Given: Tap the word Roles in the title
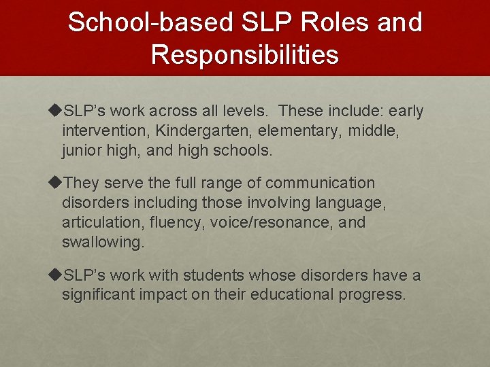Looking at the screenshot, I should click(316, 23).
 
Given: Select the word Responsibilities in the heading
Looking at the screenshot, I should click(245, 55).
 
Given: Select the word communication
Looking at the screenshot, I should click(320, 183).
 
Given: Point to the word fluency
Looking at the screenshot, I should click(174, 223).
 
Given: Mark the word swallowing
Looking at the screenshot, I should click(103, 243).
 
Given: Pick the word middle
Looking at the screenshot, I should click(374, 130).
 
